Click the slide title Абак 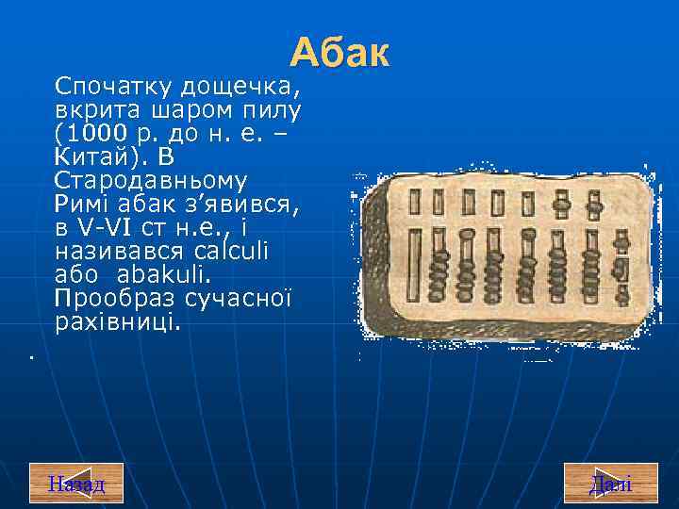click(339, 53)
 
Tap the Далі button click(610, 484)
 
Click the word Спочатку click(114, 87)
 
